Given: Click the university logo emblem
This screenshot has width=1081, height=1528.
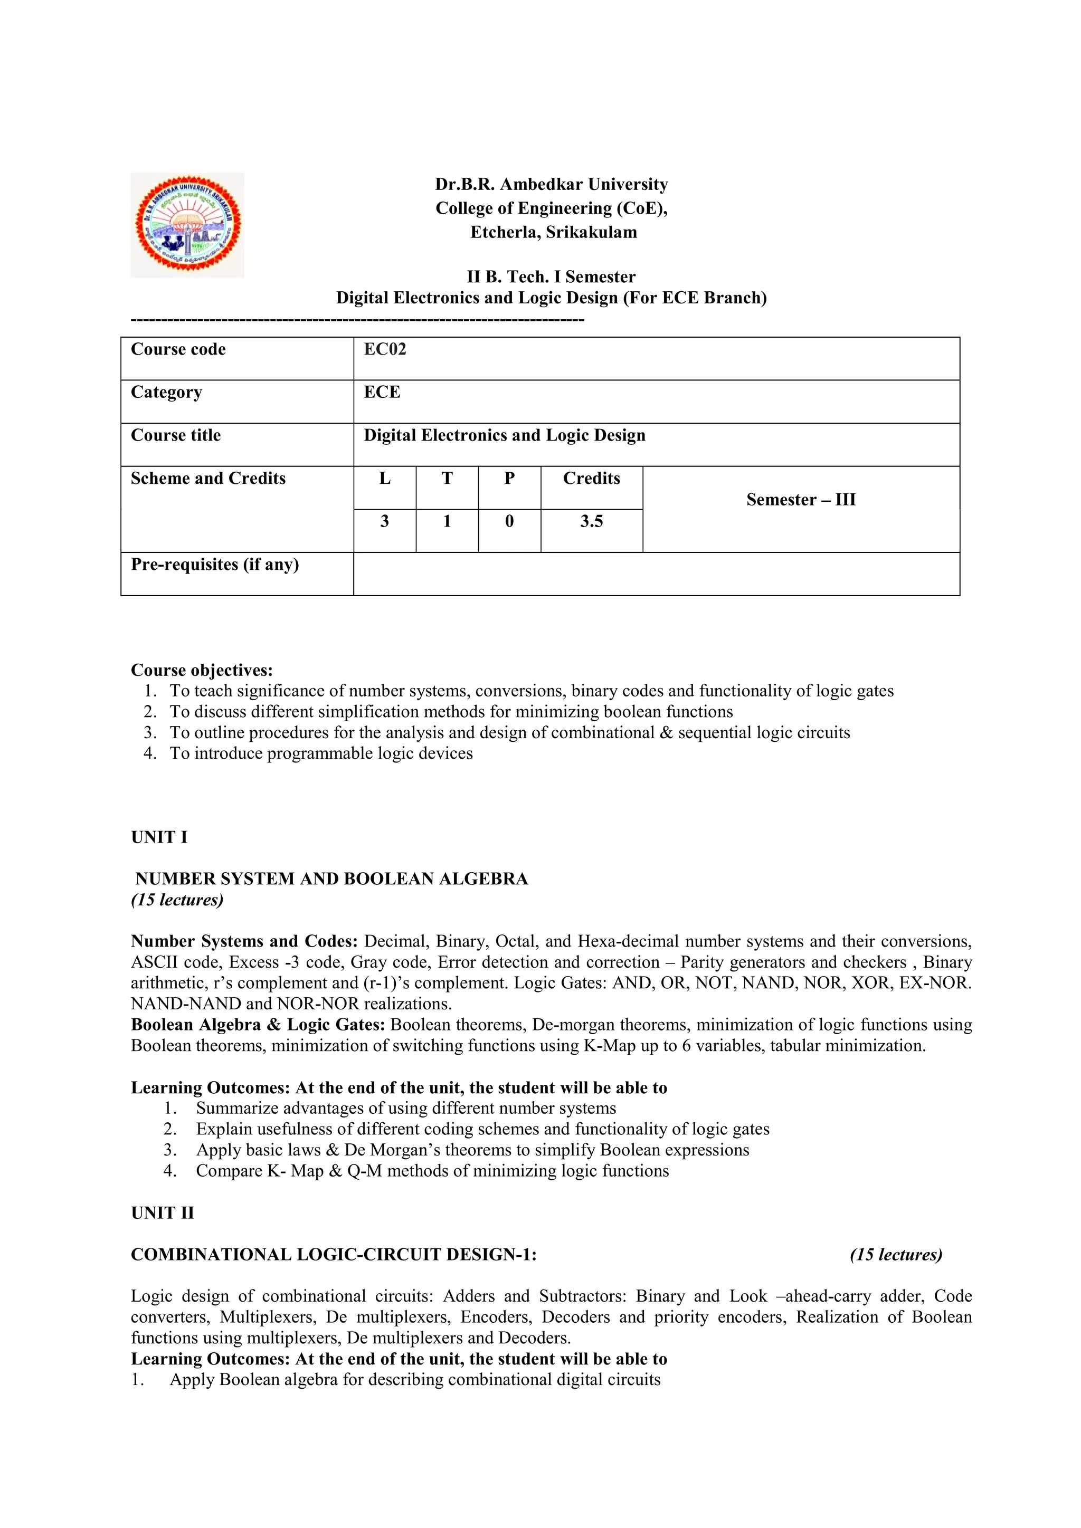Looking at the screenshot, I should pos(188,225).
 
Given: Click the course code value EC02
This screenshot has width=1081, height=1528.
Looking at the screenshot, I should pos(385,349).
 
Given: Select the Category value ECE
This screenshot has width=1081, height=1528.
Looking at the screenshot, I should pos(382,392).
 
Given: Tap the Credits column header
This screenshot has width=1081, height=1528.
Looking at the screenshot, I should pos(591,479).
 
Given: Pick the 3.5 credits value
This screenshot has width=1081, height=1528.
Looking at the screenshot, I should pos(591,521).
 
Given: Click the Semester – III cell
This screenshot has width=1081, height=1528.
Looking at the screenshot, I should pos(800,500).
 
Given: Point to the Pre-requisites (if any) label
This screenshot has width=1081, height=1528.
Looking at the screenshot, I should pos(214,565).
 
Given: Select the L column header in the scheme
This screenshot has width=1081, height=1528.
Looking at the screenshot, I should pos(385,479).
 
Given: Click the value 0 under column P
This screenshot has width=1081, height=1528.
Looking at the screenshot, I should pos(509,521).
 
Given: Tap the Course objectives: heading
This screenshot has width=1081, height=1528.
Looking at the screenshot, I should pos(202,670).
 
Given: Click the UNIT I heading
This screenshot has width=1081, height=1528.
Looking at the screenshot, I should pos(159,837).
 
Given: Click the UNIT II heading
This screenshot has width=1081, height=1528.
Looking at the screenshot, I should pos(163,1212).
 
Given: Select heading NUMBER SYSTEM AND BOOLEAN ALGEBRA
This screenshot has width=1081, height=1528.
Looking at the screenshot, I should pos(331,879).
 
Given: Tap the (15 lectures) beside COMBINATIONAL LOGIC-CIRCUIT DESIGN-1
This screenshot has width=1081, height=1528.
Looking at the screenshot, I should pos(896,1255).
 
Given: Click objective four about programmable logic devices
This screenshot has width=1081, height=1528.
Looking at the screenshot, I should pos(321,753).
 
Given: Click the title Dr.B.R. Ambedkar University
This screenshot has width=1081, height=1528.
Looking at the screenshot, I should pos(551,184).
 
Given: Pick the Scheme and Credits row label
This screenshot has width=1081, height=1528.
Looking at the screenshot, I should pos(207,479).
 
